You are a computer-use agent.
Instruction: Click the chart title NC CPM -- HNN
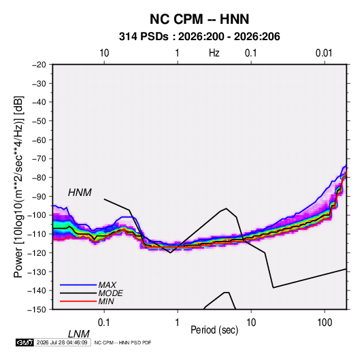click(199, 19)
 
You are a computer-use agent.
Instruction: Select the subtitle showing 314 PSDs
click(199, 37)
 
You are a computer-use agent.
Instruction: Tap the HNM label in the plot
click(80, 193)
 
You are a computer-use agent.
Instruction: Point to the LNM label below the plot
click(78, 334)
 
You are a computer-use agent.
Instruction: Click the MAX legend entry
click(107, 284)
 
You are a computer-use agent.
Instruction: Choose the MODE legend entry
click(110, 293)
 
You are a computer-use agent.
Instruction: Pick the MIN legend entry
click(106, 301)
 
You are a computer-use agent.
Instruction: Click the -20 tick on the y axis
click(39, 65)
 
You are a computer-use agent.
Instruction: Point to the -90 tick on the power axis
click(39, 197)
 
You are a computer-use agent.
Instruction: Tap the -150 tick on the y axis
click(37, 310)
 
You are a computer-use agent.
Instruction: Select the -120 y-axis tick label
click(37, 253)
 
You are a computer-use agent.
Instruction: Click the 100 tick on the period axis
click(325, 323)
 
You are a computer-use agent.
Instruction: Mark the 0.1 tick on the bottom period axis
click(104, 323)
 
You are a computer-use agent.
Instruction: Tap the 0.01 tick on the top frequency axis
click(324, 53)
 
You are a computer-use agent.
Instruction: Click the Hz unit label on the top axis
click(214, 53)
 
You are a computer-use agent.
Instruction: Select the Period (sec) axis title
click(214, 330)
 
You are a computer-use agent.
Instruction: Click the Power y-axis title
click(18, 187)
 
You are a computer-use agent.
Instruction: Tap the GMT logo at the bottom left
click(24, 342)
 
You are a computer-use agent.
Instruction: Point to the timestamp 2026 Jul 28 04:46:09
click(62, 342)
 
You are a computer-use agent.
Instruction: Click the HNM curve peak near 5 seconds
click(226, 208)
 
